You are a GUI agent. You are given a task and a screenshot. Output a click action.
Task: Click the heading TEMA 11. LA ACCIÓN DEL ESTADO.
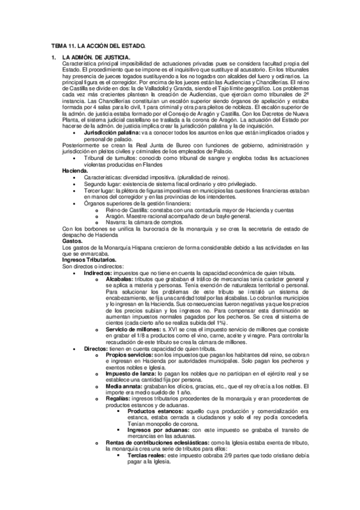(x=99, y=46)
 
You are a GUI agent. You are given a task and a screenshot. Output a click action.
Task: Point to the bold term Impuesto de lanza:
(x=128, y=373)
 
